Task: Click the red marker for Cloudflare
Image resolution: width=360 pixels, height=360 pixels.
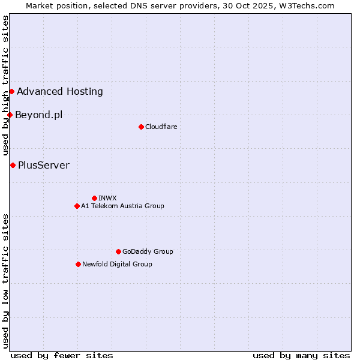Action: [x=141, y=127]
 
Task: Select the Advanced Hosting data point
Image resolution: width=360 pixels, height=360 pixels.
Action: [x=11, y=91]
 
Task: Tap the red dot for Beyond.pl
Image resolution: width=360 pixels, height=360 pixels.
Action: [x=10, y=115]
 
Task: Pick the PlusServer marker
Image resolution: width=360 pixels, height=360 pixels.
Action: [x=13, y=165]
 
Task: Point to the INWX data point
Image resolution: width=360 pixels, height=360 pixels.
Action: [x=94, y=198]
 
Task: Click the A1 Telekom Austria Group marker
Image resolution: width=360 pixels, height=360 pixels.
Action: [x=77, y=206]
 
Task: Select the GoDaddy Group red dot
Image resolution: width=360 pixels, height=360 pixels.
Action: [x=118, y=251]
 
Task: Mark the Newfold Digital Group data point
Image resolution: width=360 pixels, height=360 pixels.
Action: [x=78, y=264]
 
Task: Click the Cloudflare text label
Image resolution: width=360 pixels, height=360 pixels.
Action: [x=161, y=127]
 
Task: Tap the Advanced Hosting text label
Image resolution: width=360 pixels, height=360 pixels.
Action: [x=60, y=91]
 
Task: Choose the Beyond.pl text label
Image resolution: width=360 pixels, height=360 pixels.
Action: [x=38, y=115]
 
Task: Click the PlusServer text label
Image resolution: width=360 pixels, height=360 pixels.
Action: [x=44, y=165]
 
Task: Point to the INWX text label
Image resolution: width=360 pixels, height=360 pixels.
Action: [x=107, y=198]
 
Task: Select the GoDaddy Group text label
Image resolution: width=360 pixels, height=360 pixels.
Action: [x=148, y=251]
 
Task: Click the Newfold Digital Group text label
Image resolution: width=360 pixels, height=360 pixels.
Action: [x=117, y=264]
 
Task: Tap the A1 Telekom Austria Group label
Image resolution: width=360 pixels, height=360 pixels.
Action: [x=122, y=206]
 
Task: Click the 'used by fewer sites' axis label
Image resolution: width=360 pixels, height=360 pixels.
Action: [x=62, y=355]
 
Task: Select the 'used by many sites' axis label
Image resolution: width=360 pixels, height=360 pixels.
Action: [x=301, y=355]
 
